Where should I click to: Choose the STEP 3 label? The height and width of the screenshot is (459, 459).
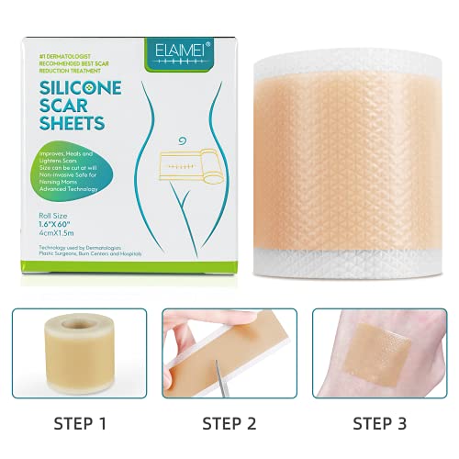(377, 424)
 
